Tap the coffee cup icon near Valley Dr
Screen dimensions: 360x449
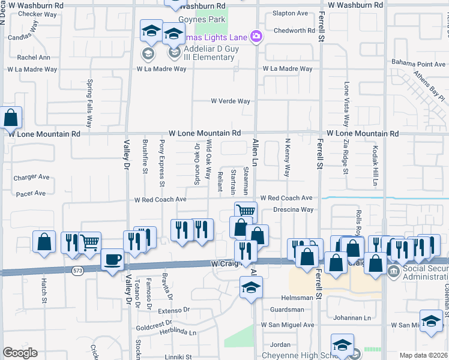(x=112, y=260)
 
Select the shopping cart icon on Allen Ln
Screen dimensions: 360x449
(x=245, y=211)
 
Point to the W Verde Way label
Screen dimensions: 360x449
(x=230, y=101)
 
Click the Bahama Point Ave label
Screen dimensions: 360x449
(x=418, y=64)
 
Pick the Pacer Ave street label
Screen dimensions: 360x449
(x=31, y=193)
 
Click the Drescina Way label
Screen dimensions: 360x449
(x=293, y=210)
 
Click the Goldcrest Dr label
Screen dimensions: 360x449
(x=154, y=328)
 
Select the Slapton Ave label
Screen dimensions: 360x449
(x=290, y=13)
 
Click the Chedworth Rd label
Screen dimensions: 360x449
(x=294, y=31)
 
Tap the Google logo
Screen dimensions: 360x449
(x=20, y=353)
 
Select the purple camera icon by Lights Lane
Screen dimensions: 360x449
(x=256, y=37)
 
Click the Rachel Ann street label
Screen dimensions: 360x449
(x=34, y=58)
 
